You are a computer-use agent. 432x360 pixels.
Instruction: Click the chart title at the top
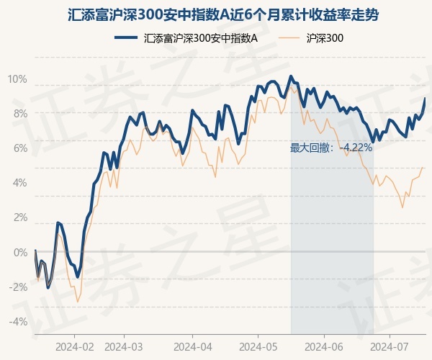point(216,14)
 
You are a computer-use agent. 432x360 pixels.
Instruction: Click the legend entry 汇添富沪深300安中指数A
point(200,37)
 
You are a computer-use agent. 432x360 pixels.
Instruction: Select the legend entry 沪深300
point(324,37)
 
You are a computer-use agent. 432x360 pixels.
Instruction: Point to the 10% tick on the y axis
point(17,78)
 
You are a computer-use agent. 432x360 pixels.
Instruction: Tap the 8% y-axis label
point(19,113)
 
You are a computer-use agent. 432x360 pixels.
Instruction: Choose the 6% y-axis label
point(19,148)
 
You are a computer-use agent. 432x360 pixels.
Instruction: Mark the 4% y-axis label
point(19,182)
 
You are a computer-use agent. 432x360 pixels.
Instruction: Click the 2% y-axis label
point(19,217)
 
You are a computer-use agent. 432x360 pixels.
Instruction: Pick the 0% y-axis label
point(19,252)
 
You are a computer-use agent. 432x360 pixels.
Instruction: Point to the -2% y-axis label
point(18,287)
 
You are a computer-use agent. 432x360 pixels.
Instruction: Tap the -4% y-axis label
point(18,321)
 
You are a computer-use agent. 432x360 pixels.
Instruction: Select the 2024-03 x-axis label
point(124,346)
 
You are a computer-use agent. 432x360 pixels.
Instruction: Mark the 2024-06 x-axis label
point(324,346)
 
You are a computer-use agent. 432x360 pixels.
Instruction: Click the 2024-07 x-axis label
point(390,346)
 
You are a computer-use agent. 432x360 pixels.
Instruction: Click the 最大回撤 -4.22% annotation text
point(331,148)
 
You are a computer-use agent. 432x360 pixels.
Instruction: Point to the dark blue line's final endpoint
point(425,99)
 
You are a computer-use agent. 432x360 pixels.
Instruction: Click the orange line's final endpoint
point(423,167)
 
